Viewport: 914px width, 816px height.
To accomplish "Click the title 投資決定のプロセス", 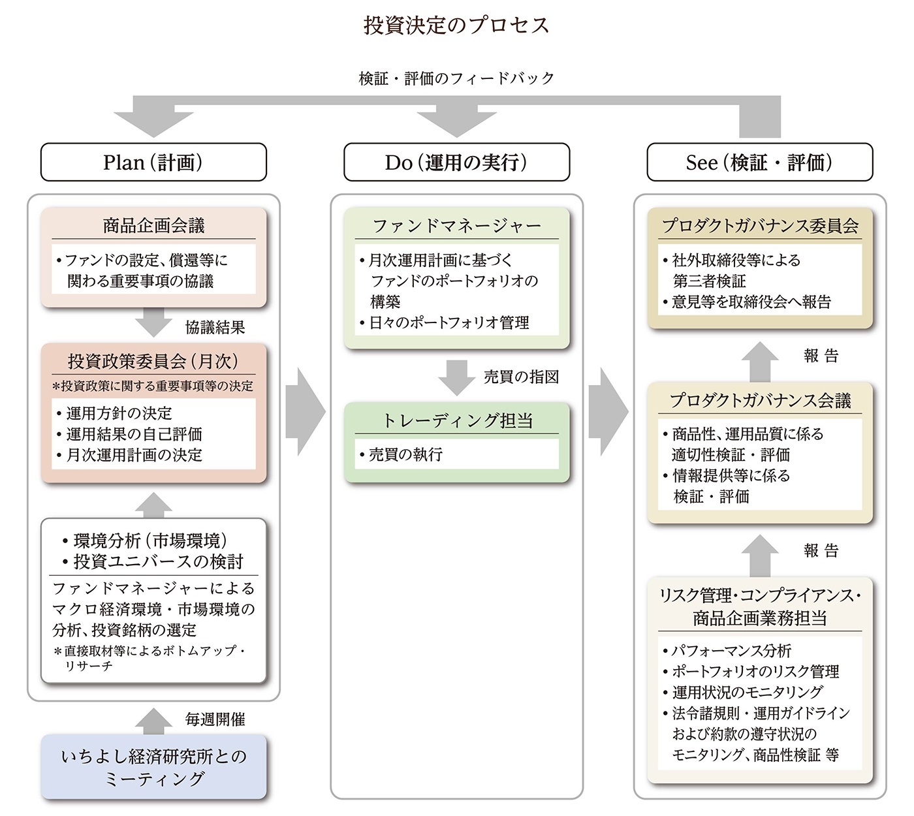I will coord(456,25).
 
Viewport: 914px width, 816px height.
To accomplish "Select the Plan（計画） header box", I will coord(153,162).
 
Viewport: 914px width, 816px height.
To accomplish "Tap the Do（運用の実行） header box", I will coord(456,162).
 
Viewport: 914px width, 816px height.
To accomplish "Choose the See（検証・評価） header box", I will coord(759,162).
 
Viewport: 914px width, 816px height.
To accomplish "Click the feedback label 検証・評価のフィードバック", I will coord(456,78).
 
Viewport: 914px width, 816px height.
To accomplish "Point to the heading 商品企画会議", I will coord(153,226).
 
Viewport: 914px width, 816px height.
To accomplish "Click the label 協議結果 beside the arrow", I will coord(215,327).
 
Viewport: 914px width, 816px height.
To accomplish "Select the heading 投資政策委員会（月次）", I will coord(153,361).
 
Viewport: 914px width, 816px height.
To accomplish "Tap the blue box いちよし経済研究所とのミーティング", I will coord(153,767).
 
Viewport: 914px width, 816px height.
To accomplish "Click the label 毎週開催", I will coord(215,719).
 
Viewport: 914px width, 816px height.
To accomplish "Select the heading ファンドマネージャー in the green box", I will coord(456,226).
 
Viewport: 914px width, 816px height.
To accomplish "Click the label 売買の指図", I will coord(520,377).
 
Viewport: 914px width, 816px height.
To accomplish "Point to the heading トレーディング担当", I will coord(456,420).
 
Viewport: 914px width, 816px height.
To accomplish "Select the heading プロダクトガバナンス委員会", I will coord(759,226).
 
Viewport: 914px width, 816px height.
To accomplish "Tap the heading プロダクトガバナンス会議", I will coord(759,400).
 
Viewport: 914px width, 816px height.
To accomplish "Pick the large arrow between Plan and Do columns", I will coord(305,412).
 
